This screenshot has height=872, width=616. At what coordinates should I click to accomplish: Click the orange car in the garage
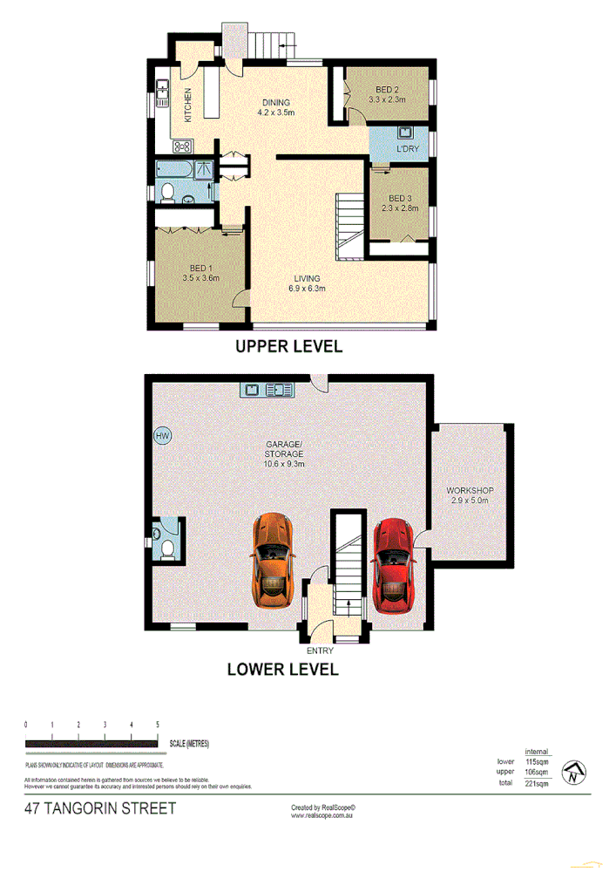click(x=274, y=561)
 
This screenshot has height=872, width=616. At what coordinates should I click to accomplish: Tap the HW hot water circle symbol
click(x=161, y=436)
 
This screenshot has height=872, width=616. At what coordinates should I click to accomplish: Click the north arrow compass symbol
click(x=574, y=773)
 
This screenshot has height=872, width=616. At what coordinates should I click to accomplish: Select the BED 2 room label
click(x=387, y=91)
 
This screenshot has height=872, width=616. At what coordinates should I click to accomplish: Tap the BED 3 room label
click(x=400, y=197)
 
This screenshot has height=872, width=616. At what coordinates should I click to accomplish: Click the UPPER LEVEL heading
click(x=289, y=347)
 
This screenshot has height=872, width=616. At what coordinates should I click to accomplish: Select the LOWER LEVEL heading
click(x=282, y=670)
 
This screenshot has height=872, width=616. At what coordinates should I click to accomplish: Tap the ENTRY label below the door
click(x=320, y=651)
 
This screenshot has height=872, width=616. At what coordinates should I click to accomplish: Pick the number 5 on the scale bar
click(x=158, y=725)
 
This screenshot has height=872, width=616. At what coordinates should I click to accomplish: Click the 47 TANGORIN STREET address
click(x=100, y=808)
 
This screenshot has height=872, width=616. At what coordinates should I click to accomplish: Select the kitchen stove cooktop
click(x=184, y=146)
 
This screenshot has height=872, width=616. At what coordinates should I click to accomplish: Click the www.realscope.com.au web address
click(x=321, y=816)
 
